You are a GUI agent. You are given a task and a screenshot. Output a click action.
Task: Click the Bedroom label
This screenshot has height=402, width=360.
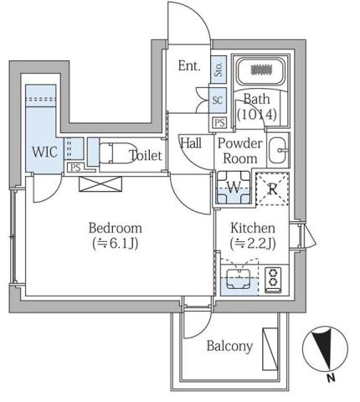pyautogui.click(x=116, y=228)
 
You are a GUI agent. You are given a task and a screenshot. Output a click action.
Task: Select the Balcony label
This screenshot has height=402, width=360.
pyautogui.click(x=229, y=346)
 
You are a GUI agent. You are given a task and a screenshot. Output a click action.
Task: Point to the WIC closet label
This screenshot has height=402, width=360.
pyautogui.click(x=44, y=152)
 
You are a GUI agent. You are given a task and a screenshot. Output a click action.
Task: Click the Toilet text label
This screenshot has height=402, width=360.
pyautogui.click(x=146, y=155)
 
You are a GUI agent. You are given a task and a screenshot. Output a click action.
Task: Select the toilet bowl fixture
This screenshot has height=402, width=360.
pyautogui.click(x=116, y=153)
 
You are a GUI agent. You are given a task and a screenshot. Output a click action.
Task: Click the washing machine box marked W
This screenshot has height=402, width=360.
pyautogui.click(x=234, y=188)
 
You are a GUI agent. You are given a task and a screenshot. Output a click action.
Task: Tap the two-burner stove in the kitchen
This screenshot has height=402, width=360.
pyautogui.click(x=273, y=280)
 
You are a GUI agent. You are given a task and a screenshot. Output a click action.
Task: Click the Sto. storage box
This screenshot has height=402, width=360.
pyautogui.click(x=218, y=68)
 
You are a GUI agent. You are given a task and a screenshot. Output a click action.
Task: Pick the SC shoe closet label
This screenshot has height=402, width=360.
pyautogui.click(x=218, y=100)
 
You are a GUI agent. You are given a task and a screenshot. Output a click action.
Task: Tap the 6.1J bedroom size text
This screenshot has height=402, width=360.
pyautogui.click(x=116, y=244)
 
